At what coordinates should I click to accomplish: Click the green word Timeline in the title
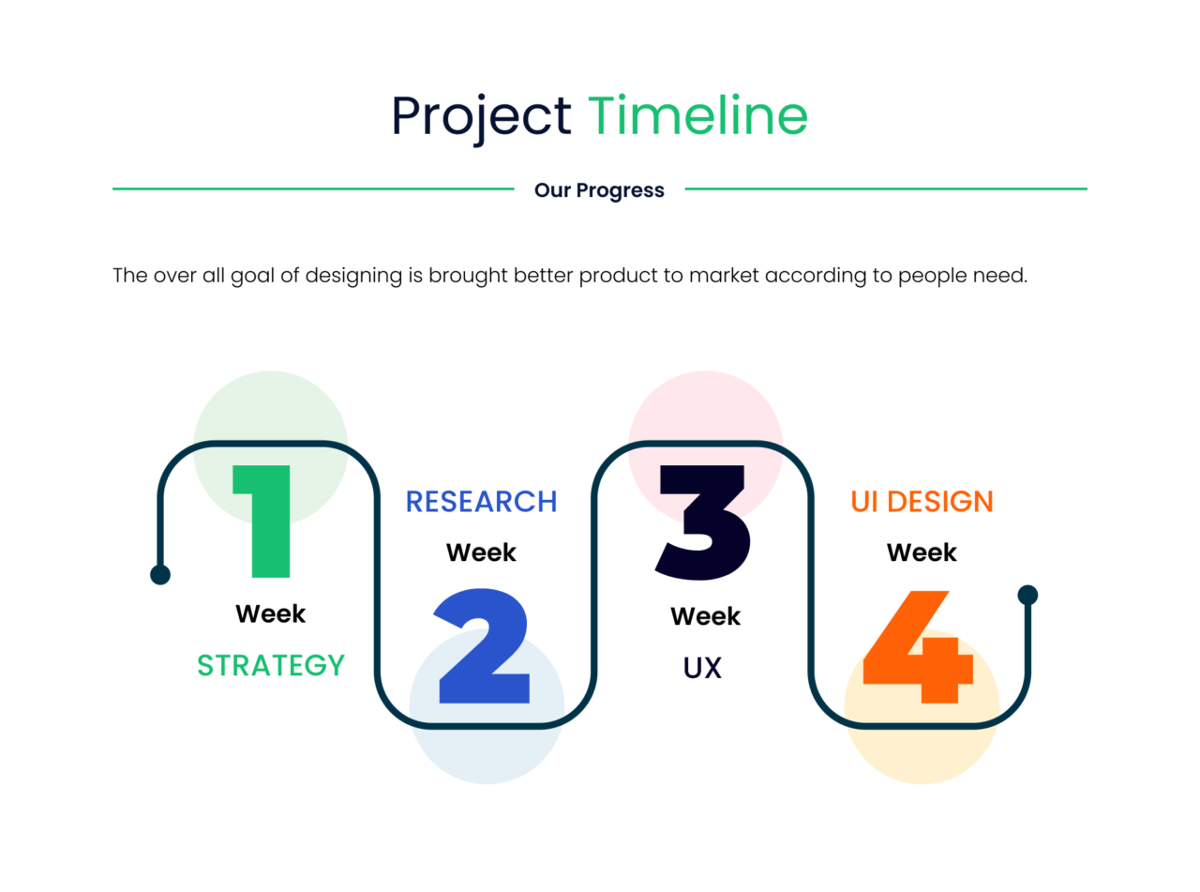coord(697,114)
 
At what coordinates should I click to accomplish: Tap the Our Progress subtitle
coord(599,190)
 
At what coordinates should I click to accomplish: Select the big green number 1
coord(262,522)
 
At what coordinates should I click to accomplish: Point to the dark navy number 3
coord(702,522)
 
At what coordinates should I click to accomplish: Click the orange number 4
coord(918,647)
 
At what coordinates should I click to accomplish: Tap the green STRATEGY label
coord(271,665)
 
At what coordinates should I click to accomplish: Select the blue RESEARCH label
coord(481,501)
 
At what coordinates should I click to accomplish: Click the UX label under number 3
coord(702,668)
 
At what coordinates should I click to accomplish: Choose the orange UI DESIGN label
coord(922,501)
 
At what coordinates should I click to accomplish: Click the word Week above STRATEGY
coord(271,613)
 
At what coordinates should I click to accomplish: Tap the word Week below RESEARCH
coord(481,552)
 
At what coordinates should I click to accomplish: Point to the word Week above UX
coord(706,616)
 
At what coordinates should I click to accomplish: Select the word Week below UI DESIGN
coord(922,552)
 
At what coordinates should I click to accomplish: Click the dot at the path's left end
coord(160,575)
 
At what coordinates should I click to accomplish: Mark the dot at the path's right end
coord(1027,595)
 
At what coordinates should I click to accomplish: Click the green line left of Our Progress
coord(313,189)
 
